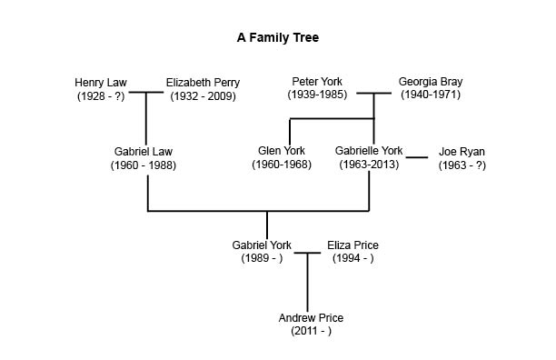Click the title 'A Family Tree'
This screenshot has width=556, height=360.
pos(277,38)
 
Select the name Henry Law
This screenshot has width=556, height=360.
pos(101,83)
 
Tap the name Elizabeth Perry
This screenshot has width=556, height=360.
pos(202,83)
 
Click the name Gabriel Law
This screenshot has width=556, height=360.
pos(143,152)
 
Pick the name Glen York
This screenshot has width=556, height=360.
pos(282,151)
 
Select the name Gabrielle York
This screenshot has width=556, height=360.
pos(369,151)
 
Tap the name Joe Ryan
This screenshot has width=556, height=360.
pos(462,152)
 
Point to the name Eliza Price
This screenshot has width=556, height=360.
pos(352,245)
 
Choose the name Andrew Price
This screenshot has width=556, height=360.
pos(311,317)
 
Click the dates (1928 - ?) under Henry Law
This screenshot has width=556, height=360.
pos(101,95)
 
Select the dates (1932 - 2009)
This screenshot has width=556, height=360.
pos(202,95)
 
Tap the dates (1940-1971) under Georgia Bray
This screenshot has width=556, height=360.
pos(430,95)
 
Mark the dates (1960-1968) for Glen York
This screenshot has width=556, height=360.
pos(282,165)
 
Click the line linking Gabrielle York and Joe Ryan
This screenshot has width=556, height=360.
pos(417,158)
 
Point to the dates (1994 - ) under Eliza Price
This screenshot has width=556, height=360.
pos(352,258)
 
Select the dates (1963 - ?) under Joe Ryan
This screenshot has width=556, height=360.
pos(462,165)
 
